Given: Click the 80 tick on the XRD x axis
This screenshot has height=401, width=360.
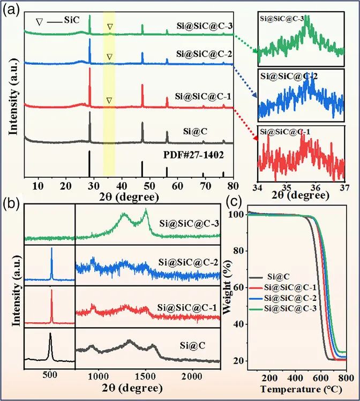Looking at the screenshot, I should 232,185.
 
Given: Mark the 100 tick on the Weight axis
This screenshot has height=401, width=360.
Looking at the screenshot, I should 238,215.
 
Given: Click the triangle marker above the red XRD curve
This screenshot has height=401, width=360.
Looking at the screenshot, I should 109,100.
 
